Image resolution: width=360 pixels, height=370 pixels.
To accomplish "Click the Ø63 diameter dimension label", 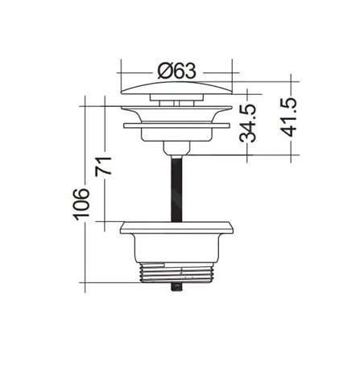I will tap(176, 71).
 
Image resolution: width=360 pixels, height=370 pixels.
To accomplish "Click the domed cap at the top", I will tap(176, 88).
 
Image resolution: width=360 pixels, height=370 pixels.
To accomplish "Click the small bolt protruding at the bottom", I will tap(176, 287).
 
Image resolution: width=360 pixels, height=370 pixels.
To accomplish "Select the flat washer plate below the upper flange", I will tap(176, 125).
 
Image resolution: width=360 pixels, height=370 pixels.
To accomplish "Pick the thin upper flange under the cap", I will tap(176, 107).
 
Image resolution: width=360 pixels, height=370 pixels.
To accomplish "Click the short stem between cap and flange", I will tap(176, 100).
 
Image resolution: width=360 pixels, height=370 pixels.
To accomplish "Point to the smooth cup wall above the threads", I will tap(176, 246).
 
